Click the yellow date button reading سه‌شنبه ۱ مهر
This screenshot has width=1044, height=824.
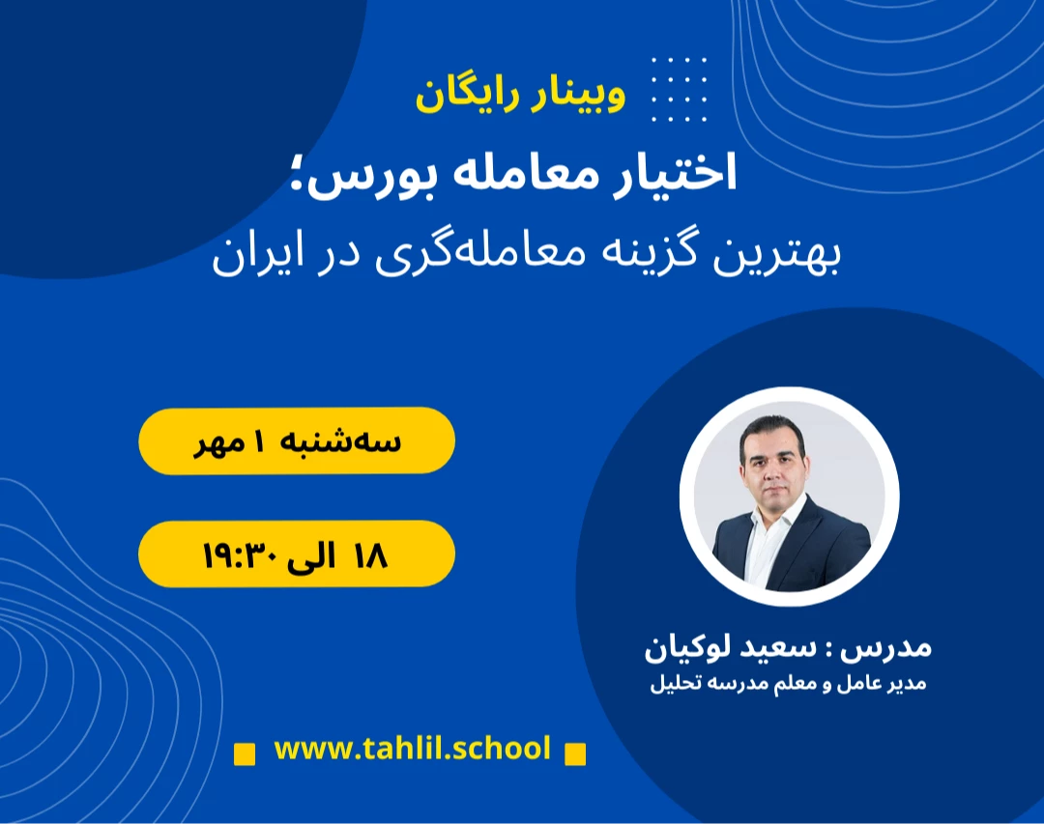click(297, 440)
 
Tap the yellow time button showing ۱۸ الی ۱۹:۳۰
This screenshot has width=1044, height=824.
click(297, 554)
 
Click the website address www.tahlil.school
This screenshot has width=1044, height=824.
click(412, 749)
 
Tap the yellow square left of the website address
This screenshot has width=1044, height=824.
click(246, 753)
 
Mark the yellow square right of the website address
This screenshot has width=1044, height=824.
click(575, 753)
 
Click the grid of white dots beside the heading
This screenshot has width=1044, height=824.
click(679, 90)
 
